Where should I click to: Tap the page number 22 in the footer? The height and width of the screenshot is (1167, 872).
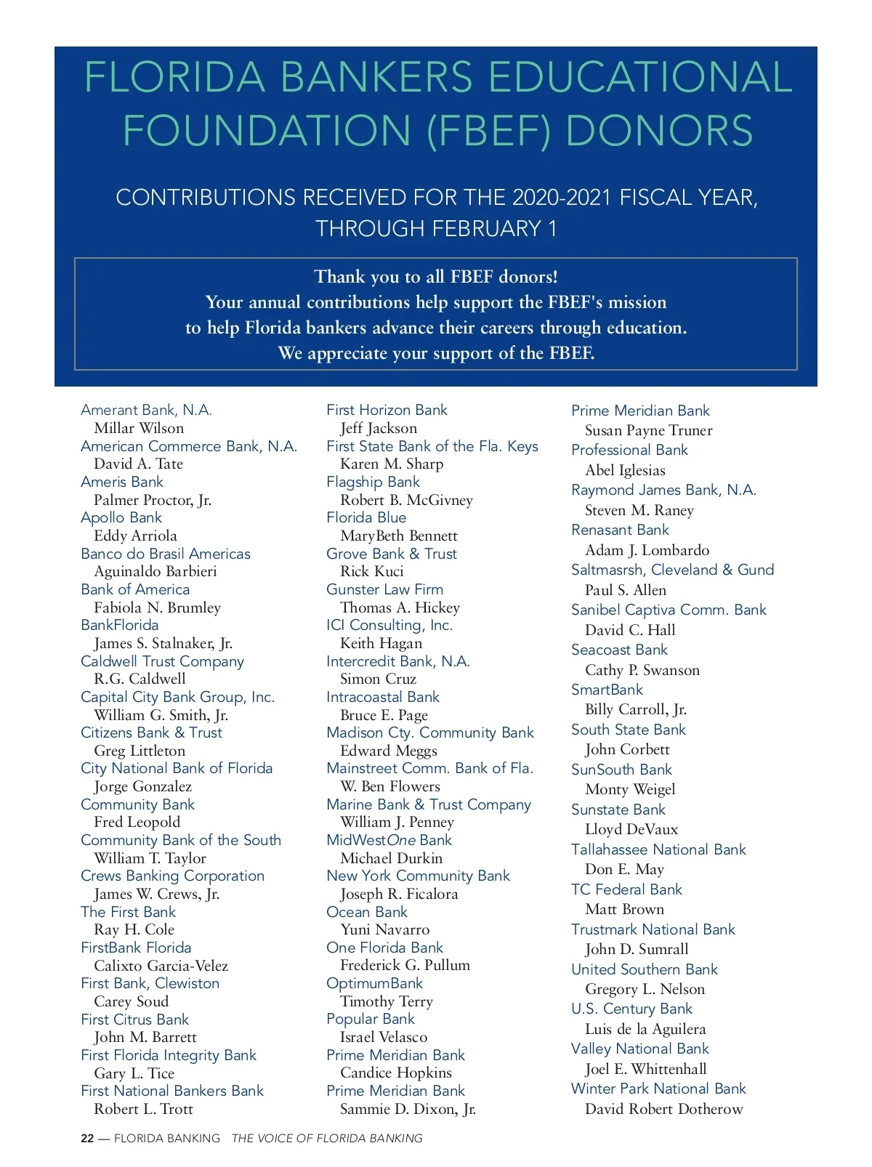[87, 1139]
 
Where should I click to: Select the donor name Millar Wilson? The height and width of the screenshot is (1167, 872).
[139, 428]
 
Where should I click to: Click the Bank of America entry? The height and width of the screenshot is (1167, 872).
[135, 589]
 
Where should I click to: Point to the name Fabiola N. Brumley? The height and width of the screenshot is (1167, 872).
[157, 607]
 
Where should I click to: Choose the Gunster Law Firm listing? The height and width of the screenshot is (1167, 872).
[384, 589]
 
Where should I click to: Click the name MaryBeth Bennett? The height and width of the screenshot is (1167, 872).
[398, 536]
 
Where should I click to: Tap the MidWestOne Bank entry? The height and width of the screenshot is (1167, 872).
[389, 840]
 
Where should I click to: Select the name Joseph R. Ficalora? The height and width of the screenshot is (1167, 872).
[399, 894]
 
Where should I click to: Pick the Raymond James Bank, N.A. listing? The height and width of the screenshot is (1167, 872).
[663, 490]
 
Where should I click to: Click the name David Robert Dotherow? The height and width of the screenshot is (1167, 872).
[663, 1109]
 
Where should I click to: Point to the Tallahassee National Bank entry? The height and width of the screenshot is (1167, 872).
[658, 849]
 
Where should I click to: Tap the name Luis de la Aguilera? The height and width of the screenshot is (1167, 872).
[645, 1029]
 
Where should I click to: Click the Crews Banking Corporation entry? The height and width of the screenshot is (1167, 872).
[172, 876]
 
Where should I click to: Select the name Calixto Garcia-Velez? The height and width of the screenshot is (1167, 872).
[161, 966]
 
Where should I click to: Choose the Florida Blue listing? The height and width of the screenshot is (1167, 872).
[366, 517]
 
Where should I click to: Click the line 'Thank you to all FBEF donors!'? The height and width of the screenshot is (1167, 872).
[436, 277]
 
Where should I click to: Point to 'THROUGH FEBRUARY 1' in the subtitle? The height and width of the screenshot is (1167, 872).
[436, 229]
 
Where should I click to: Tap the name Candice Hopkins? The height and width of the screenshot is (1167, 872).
[395, 1073]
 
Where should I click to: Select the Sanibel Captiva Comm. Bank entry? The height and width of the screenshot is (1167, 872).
[669, 610]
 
